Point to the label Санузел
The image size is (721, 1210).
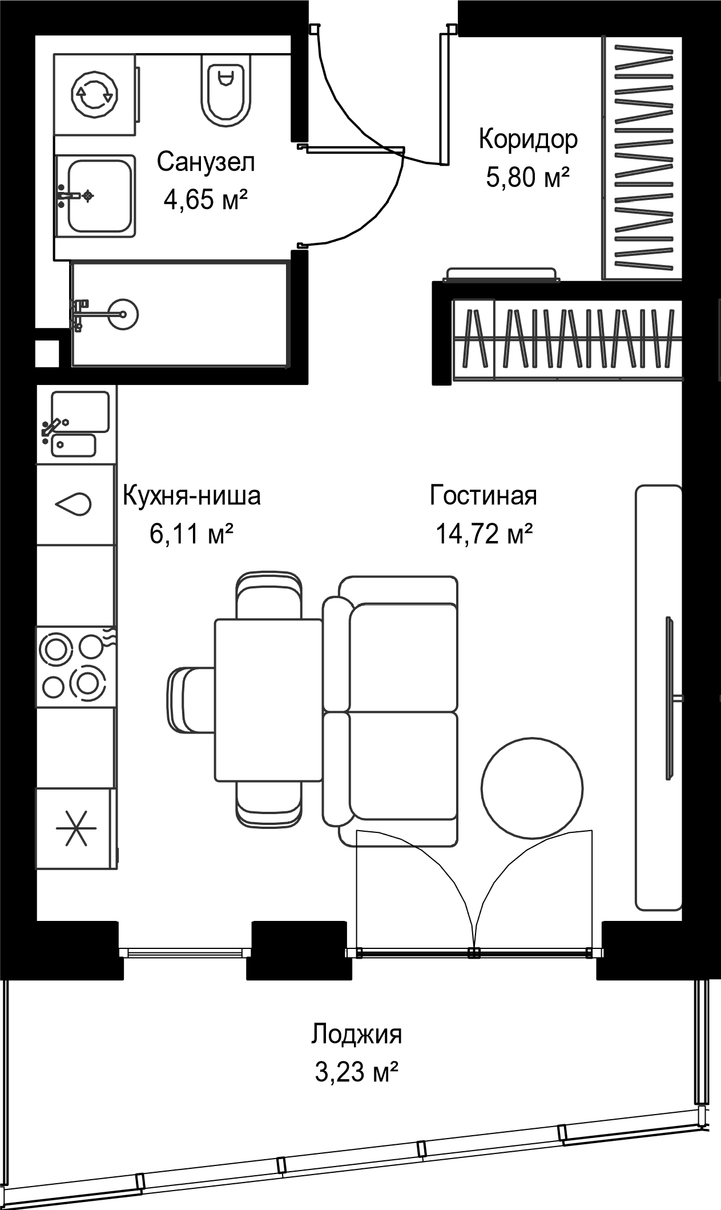click(206, 162)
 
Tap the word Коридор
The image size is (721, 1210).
click(528, 139)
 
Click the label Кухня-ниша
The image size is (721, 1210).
click(192, 496)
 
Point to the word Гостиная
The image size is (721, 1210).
click(484, 496)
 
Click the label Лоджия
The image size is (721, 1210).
click(356, 1034)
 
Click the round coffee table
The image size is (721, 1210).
click(532, 788)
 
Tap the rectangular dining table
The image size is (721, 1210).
click(269, 700)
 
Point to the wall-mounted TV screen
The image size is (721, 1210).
click(670, 698)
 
